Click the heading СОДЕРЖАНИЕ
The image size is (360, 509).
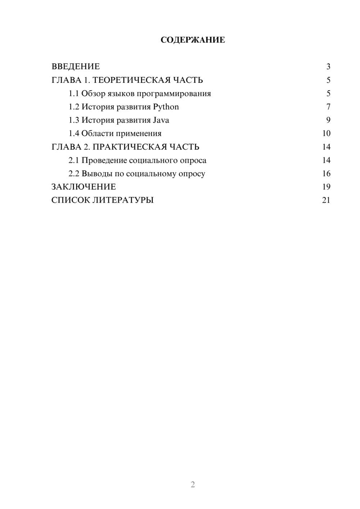coord(193,40)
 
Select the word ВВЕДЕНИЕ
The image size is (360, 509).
coord(76,67)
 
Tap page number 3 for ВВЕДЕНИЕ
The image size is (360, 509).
coord(328,67)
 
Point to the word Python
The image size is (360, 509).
coord(166,107)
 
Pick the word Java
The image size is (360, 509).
coord(161,120)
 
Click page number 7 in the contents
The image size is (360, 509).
coord(328,107)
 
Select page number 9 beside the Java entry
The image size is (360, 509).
coord(328,120)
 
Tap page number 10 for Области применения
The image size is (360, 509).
coord(326,134)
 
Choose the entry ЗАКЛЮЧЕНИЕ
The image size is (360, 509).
coord(84,187)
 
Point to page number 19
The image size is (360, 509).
coord(326,187)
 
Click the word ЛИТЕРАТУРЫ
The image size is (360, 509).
coord(123,200)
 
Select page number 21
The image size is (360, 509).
coord(326,200)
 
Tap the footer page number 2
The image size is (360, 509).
coord(193,485)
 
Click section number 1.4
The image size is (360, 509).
coord(74,134)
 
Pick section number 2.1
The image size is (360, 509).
coord(74,160)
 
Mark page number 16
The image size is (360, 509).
coord(326,174)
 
